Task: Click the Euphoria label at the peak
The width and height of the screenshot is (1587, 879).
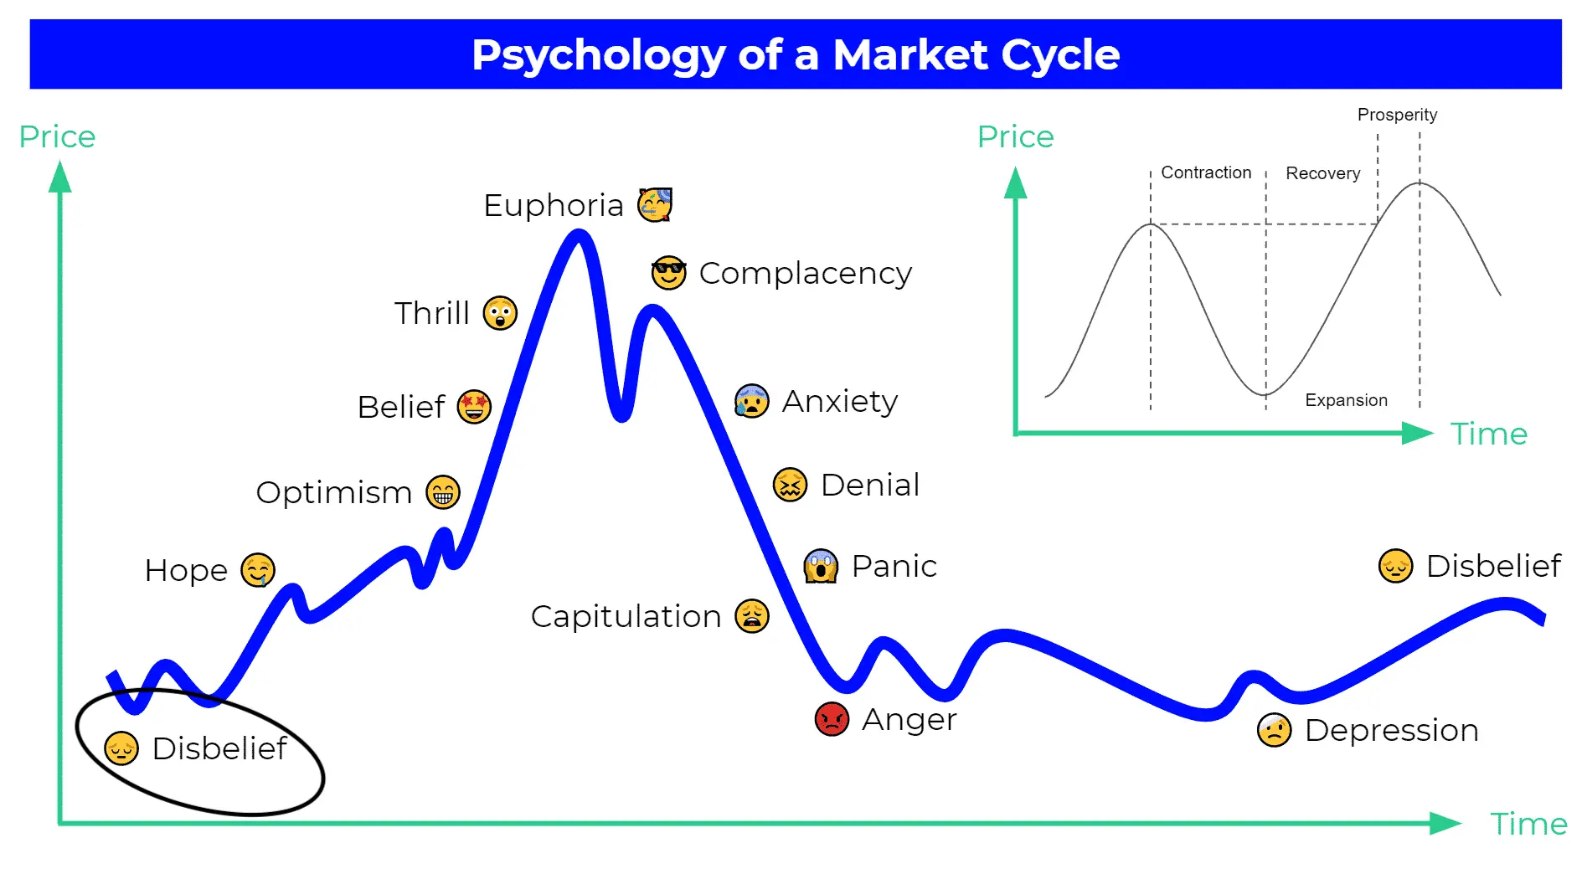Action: tap(553, 205)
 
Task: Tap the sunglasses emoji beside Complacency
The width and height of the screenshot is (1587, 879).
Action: tap(668, 272)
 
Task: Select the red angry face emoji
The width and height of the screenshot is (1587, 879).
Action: tap(832, 719)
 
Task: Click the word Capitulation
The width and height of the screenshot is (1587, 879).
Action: tap(626, 616)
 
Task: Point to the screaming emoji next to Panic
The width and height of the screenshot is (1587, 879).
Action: tap(821, 566)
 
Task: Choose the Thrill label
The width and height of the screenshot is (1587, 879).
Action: tap(431, 313)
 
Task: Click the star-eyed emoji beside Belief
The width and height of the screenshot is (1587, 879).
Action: tap(474, 407)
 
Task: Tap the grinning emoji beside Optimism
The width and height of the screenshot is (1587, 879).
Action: tap(443, 492)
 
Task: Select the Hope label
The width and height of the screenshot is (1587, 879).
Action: tap(186, 570)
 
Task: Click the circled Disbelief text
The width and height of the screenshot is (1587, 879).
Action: tap(219, 748)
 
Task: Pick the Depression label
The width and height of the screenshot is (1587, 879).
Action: tap(1391, 730)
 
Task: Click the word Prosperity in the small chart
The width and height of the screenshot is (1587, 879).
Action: tap(1397, 115)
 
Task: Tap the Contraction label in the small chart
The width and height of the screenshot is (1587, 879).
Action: tap(1206, 172)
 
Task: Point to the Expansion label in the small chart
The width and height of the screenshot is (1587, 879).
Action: tap(1346, 400)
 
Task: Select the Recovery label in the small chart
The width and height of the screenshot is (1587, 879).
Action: tap(1322, 173)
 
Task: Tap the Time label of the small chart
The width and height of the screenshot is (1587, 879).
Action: tap(1489, 434)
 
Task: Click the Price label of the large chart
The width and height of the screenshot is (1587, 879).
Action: tap(57, 136)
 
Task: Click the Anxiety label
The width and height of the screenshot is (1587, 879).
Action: tap(839, 402)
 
